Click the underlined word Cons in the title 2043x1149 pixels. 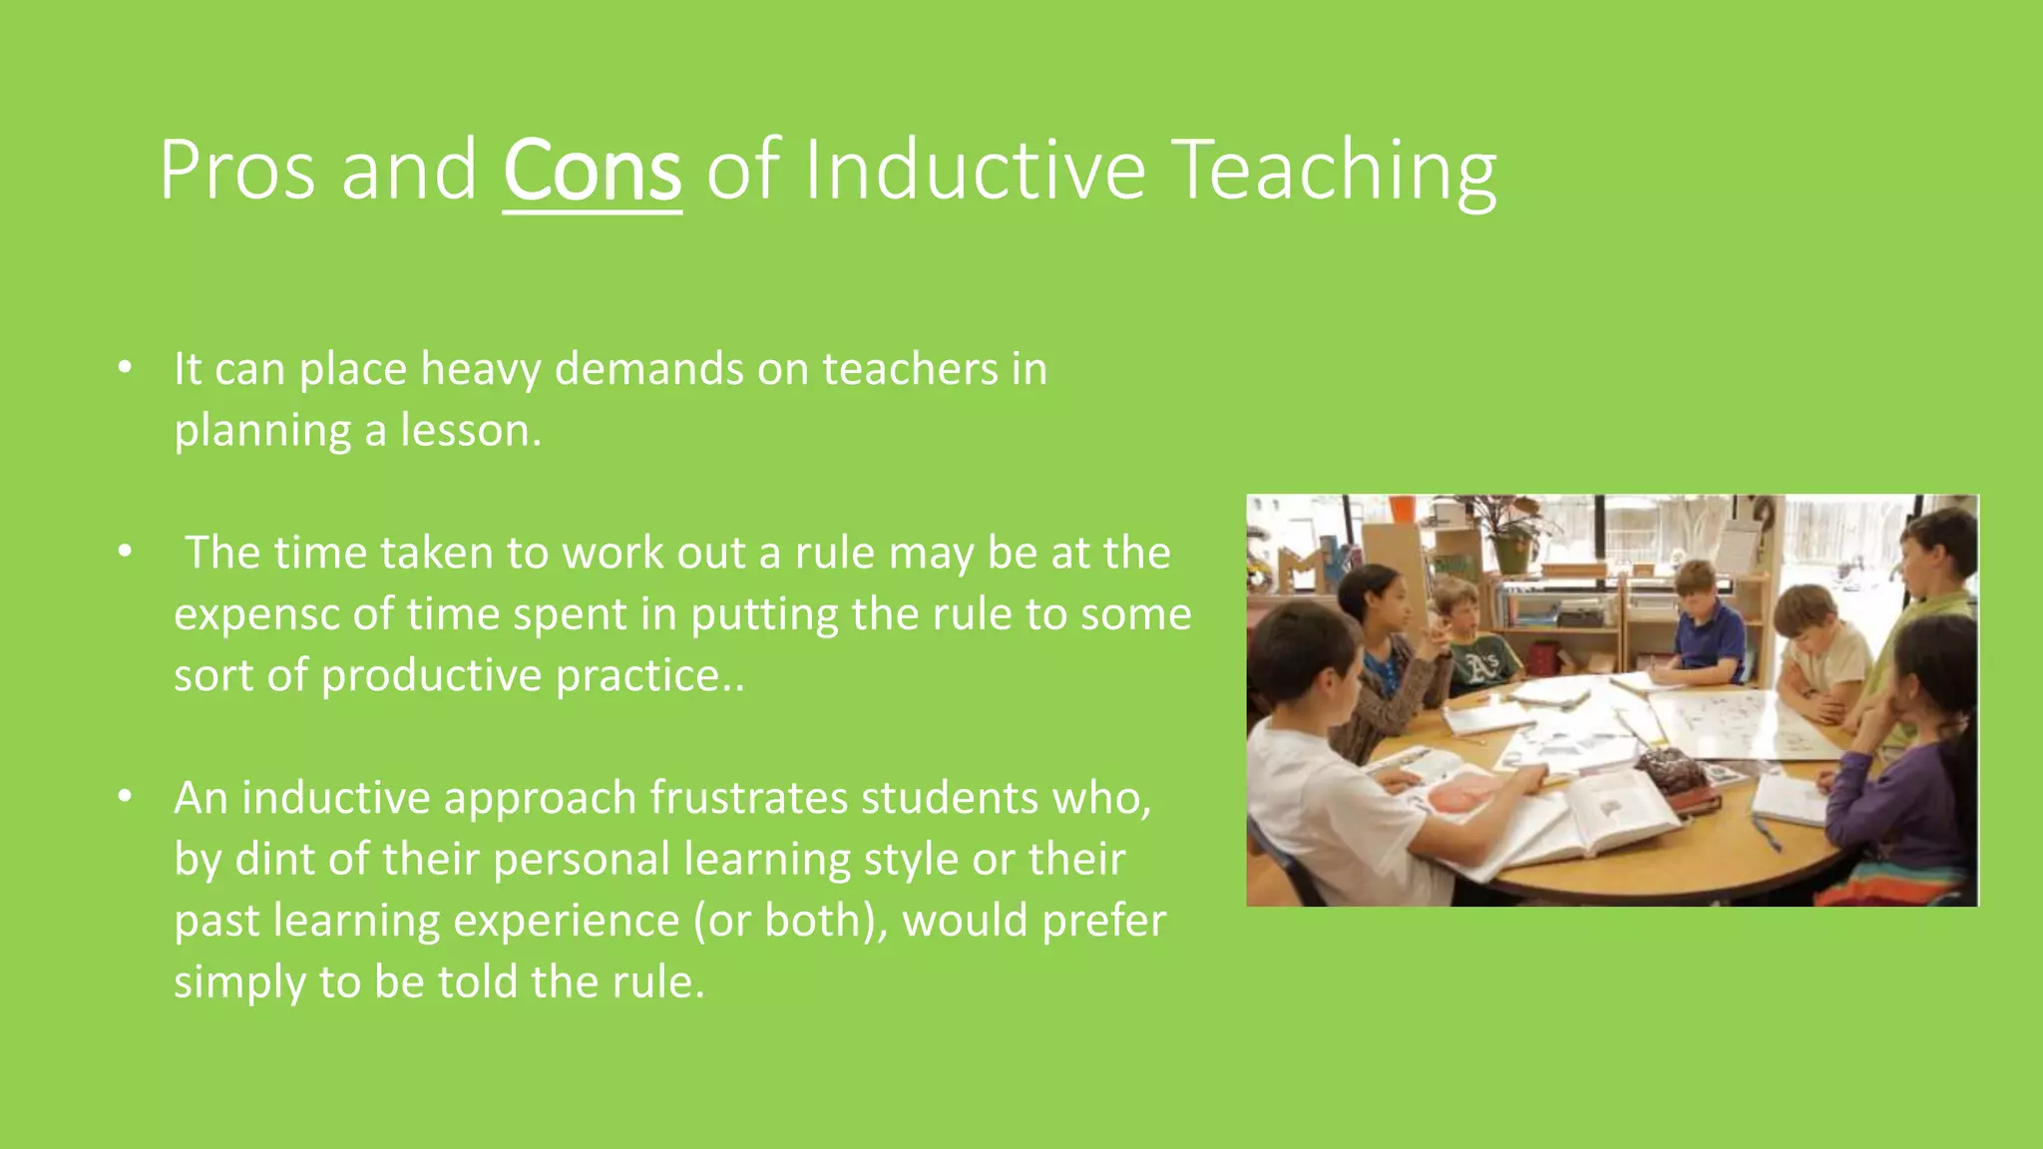tap(592, 172)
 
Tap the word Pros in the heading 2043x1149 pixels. tap(238, 172)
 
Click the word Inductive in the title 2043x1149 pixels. tap(975, 172)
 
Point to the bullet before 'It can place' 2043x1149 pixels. tap(125, 369)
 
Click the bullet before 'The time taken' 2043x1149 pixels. tap(125, 553)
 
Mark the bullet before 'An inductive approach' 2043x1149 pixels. tap(125, 798)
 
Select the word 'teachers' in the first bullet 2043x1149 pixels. tap(910, 369)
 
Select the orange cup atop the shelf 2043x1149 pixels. tap(1402, 508)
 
